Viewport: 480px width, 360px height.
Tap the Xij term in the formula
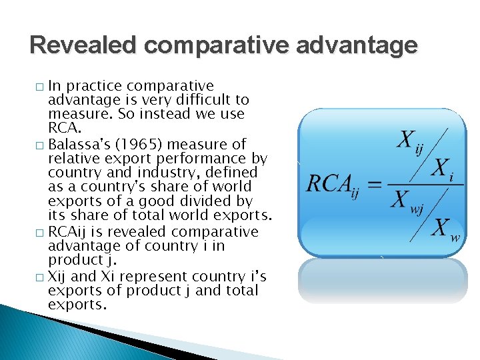click(411, 141)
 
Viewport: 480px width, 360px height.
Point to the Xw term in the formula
click(445, 230)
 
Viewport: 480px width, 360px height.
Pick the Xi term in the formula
click(442, 170)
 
